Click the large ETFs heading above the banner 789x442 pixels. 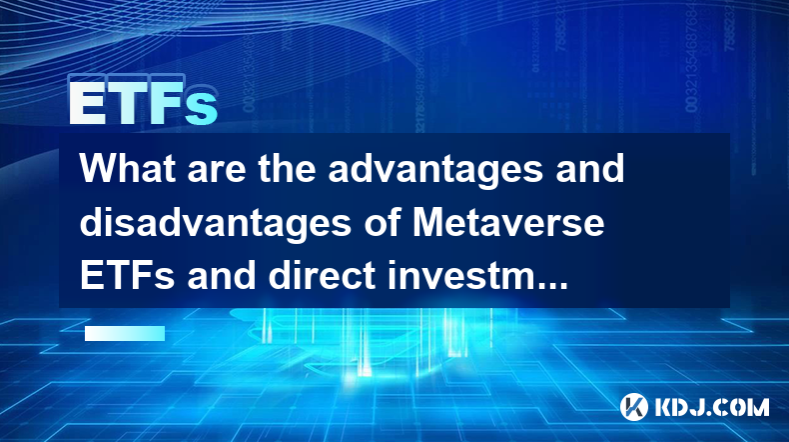click(144, 103)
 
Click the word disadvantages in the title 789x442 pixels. click(216, 226)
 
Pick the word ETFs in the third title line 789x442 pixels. click(127, 276)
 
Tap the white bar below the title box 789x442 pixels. click(125, 333)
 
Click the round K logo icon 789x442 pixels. click(634, 407)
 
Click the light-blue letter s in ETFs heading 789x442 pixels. click(202, 108)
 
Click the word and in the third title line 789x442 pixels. click(221, 276)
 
